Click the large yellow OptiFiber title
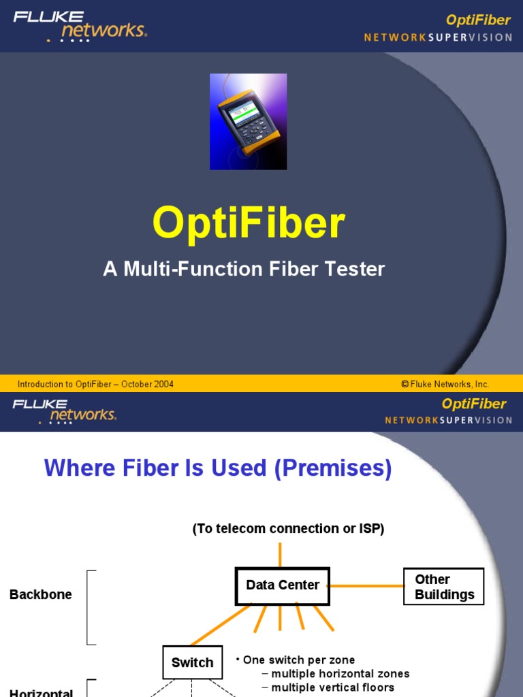tap(249, 223)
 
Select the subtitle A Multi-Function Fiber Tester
tap(244, 269)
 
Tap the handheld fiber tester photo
tap(248, 122)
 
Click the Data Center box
tap(283, 585)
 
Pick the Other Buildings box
tap(444, 587)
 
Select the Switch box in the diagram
tap(192, 662)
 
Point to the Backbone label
tap(41, 594)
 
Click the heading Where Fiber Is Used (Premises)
tap(218, 468)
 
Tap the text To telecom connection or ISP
tap(289, 529)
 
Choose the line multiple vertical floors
tap(332, 687)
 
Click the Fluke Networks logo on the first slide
tap(80, 25)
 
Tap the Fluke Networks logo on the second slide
tap(65, 411)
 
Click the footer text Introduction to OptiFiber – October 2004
tap(95, 384)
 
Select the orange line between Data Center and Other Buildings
tap(366, 585)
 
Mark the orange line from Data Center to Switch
tap(221, 623)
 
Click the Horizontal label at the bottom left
tap(41, 692)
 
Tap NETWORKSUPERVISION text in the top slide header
tap(438, 37)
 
